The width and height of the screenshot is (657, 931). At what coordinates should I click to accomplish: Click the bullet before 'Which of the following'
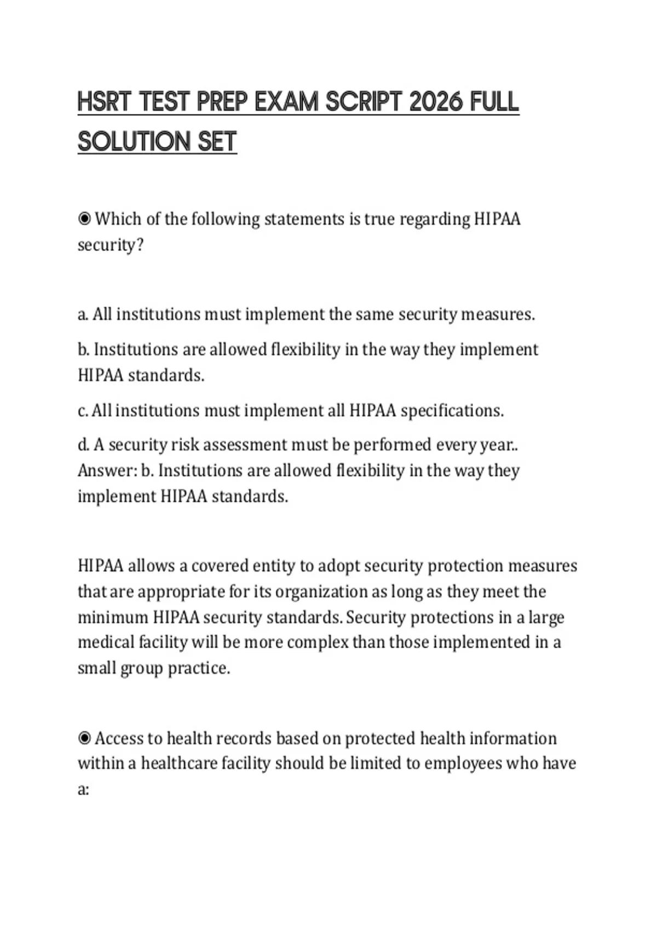[84, 219]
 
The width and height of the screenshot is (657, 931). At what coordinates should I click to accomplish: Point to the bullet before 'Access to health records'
[84, 738]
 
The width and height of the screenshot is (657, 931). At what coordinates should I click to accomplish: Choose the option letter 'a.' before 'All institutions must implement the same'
[83, 314]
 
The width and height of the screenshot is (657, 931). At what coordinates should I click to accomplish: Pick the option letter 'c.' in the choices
[83, 410]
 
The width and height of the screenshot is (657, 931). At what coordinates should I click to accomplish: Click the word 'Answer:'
[107, 470]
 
